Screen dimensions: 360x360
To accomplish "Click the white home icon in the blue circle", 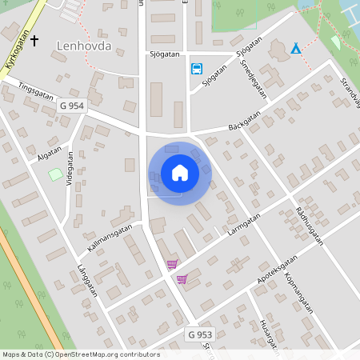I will point(180,173).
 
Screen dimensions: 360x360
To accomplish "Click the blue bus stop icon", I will point(196,69).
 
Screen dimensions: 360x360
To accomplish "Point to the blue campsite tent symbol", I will point(296,49).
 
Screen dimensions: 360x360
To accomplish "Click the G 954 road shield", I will point(72,106).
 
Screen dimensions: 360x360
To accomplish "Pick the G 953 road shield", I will point(201,334).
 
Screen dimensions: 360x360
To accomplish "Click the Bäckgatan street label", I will point(244,121).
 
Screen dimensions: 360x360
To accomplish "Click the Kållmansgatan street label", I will point(110,239).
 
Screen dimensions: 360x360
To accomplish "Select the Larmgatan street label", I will point(244,225).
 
